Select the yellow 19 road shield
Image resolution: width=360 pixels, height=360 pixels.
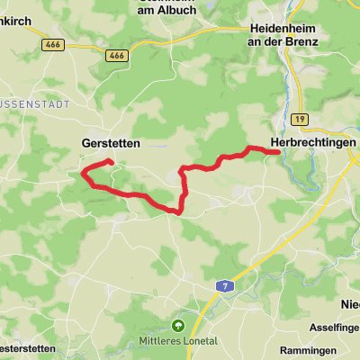300,118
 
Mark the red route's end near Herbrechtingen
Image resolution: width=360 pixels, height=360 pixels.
278,152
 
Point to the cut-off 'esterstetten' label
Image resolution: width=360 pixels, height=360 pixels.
27,348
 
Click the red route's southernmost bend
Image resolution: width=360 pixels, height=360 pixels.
178,212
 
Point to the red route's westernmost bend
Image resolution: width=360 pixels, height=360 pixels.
83,172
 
